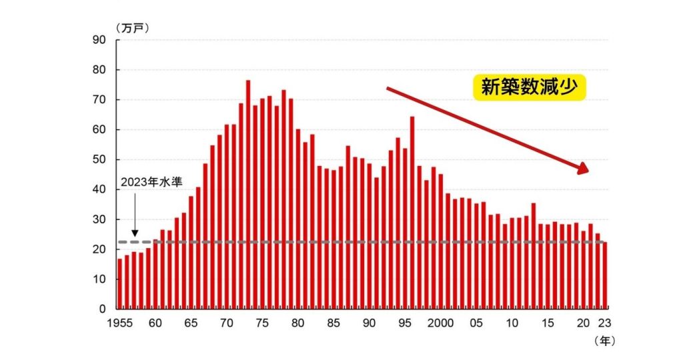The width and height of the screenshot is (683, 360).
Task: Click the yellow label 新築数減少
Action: click(529, 87)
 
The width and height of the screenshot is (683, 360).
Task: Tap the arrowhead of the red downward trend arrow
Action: click(583, 168)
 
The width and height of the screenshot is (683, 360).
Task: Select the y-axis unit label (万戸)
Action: click(133, 27)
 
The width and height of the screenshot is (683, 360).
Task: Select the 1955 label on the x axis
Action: click(121, 323)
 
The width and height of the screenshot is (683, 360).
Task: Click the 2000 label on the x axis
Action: click(440, 323)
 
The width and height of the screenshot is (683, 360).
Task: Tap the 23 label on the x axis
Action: click(603, 323)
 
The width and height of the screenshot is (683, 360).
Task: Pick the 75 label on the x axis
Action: click(262, 323)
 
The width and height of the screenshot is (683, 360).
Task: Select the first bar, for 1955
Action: click(120, 284)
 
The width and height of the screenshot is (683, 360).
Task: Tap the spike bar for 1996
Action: click(412, 213)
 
